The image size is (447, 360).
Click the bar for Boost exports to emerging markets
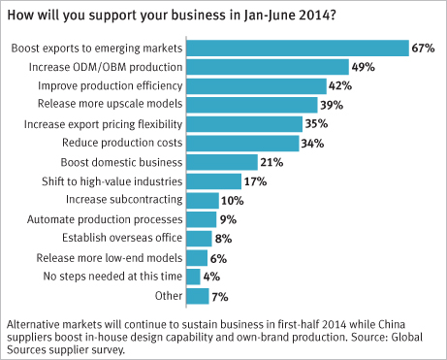(298, 49)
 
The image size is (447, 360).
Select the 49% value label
(364, 67)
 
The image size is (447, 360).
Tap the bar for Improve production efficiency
(257, 86)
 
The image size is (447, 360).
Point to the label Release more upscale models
(110, 104)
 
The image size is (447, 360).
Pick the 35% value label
(316, 123)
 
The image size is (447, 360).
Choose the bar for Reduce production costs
(242, 144)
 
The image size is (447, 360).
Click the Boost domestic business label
(121, 162)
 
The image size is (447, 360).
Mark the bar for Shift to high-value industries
(214, 181)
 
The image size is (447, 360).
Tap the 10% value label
(233, 201)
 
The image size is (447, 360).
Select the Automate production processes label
(105, 219)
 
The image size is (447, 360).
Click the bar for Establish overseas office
(199, 239)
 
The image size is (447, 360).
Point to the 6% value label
(218, 258)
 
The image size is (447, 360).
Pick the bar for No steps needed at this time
(193, 277)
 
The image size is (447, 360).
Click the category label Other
(169, 296)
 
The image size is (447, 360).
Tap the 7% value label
(220, 297)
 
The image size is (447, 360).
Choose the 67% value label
(423, 49)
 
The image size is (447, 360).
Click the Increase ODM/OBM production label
(106, 67)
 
